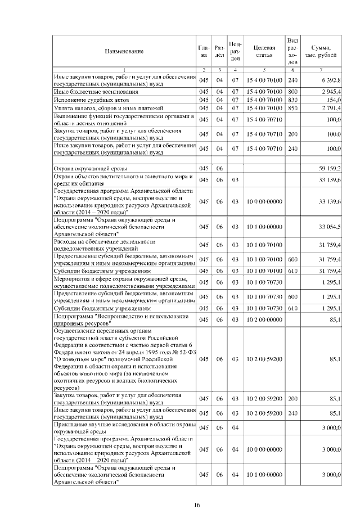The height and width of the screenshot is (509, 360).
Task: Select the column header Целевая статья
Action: tap(264, 51)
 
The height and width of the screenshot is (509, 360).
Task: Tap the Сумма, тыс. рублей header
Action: tap(321, 51)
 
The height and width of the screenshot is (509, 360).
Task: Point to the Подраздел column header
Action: tap(236, 51)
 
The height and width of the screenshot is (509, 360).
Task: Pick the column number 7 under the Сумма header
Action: tap(321, 69)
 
